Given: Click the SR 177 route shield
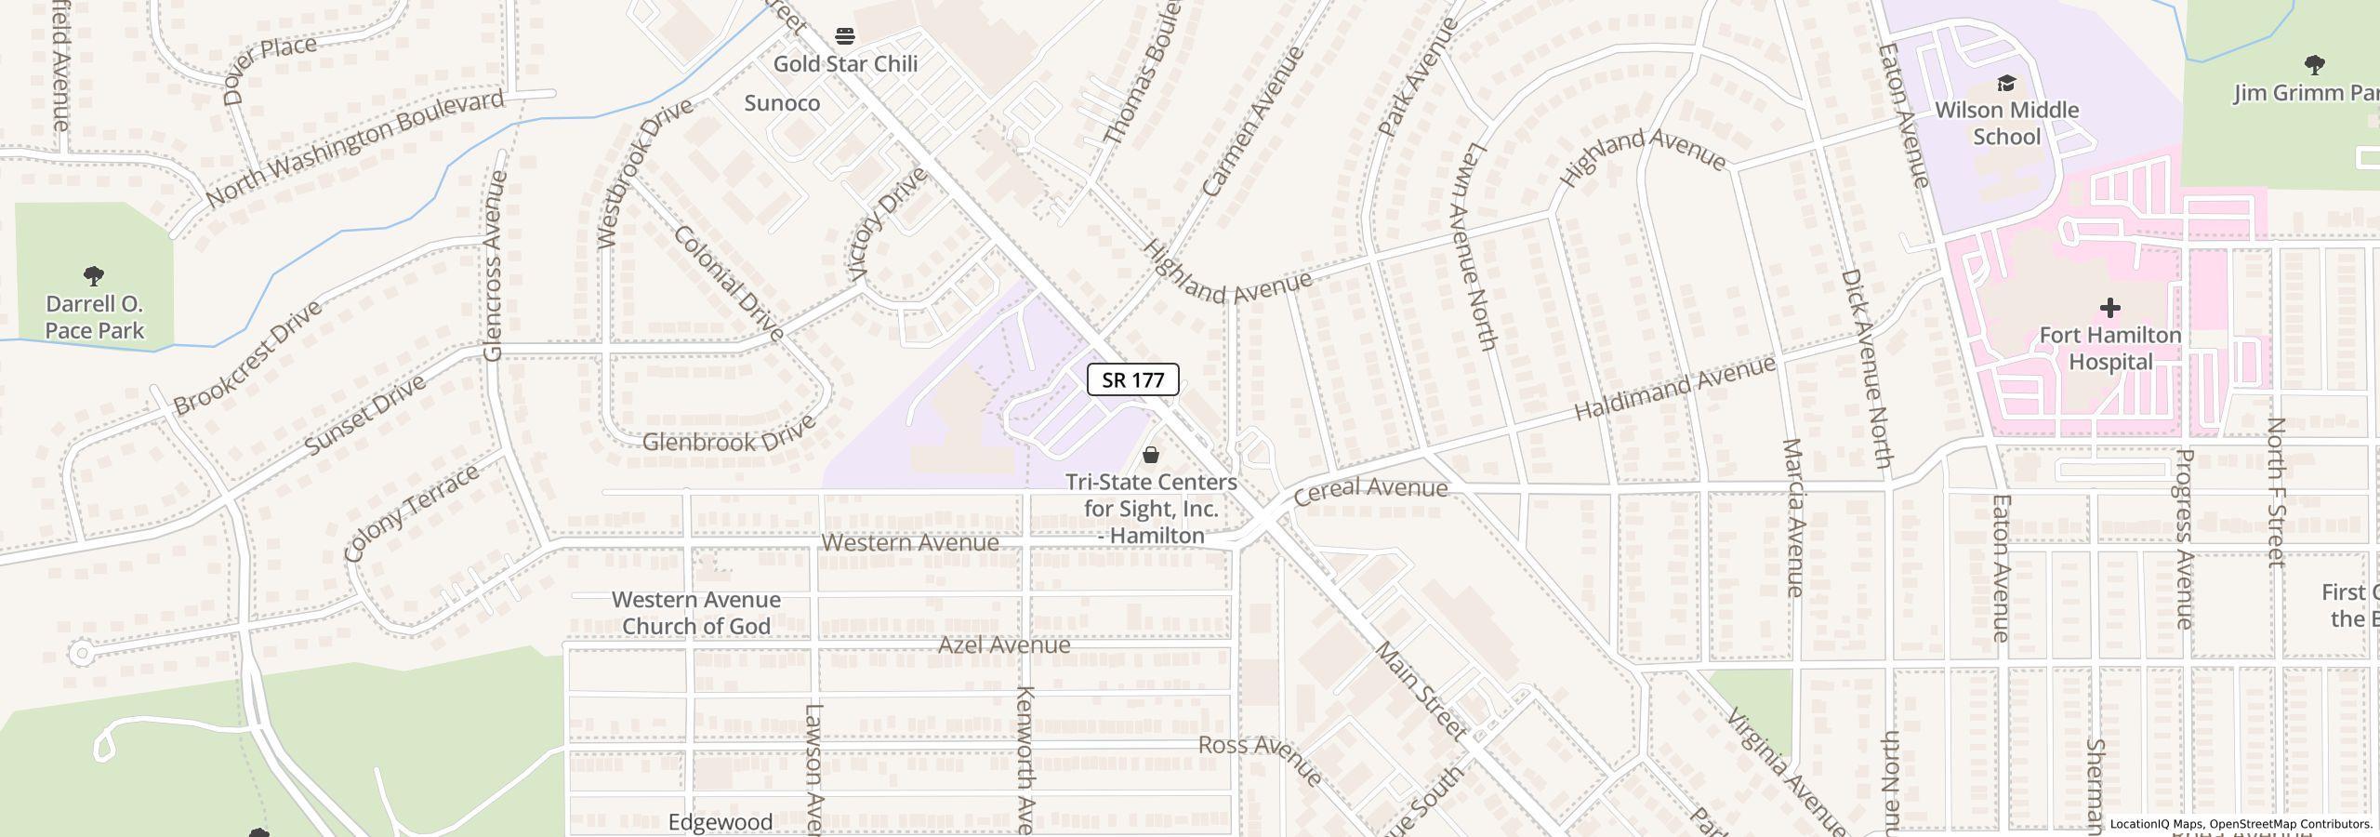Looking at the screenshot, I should (x=1132, y=379).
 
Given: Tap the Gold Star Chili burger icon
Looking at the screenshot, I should (x=845, y=36).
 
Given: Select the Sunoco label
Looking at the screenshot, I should (x=782, y=103).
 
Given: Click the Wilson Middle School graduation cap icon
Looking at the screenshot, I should (x=2006, y=84).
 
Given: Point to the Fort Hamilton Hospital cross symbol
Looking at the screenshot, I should (x=2109, y=308).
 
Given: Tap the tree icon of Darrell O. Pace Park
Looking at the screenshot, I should (x=94, y=276).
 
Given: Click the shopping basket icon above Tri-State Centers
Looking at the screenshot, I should (x=1151, y=455).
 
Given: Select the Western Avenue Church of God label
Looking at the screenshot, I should (x=695, y=613).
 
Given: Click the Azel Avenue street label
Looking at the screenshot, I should (x=1003, y=644).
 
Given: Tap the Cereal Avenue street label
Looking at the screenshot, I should (x=1369, y=489).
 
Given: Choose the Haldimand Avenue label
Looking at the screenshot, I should (x=1673, y=389).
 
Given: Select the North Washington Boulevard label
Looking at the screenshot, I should (x=354, y=149).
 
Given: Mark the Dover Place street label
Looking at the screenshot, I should (x=269, y=69).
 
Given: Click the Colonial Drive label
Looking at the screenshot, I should (x=729, y=283).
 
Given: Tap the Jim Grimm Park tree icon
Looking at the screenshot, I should (x=2314, y=65).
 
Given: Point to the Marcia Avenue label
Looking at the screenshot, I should (x=1793, y=517).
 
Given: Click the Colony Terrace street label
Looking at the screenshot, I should (x=411, y=513).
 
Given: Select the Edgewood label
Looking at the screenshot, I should (x=721, y=822).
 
